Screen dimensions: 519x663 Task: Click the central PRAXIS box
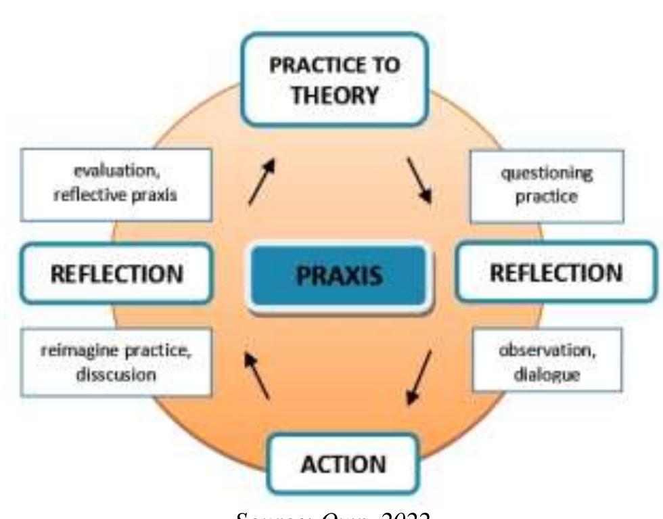[x=339, y=277]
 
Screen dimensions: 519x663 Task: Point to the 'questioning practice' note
[x=547, y=185]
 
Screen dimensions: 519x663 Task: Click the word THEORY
[x=334, y=95]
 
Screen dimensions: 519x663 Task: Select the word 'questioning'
[x=547, y=175]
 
